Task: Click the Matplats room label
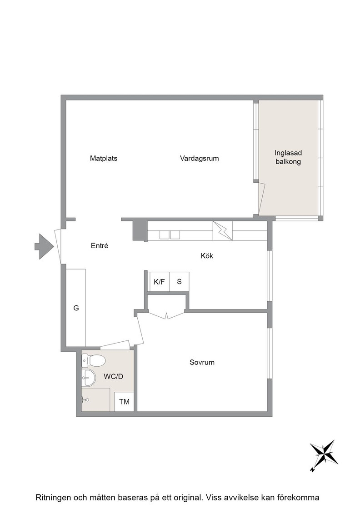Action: tap(104, 159)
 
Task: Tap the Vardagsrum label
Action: tap(199, 159)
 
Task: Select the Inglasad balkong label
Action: tap(288, 157)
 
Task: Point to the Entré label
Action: tap(100, 246)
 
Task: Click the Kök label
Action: tap(207, 256)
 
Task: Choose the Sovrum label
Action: tap(202, 362)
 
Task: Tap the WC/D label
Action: tap(113, 377)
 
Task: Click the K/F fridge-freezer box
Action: tap(160, 282)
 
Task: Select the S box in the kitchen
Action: tap(179, 282)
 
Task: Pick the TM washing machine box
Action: tap(124, 402)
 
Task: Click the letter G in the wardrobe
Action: tap(76, 308)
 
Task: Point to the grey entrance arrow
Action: tap(44, 246)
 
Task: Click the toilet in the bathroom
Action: tap(94, 360)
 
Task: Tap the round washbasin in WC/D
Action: tap(88, 378)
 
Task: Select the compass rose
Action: tap(324, 455)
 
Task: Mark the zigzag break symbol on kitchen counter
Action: tap(223, 231)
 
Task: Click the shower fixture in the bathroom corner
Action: tap(85, 399)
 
